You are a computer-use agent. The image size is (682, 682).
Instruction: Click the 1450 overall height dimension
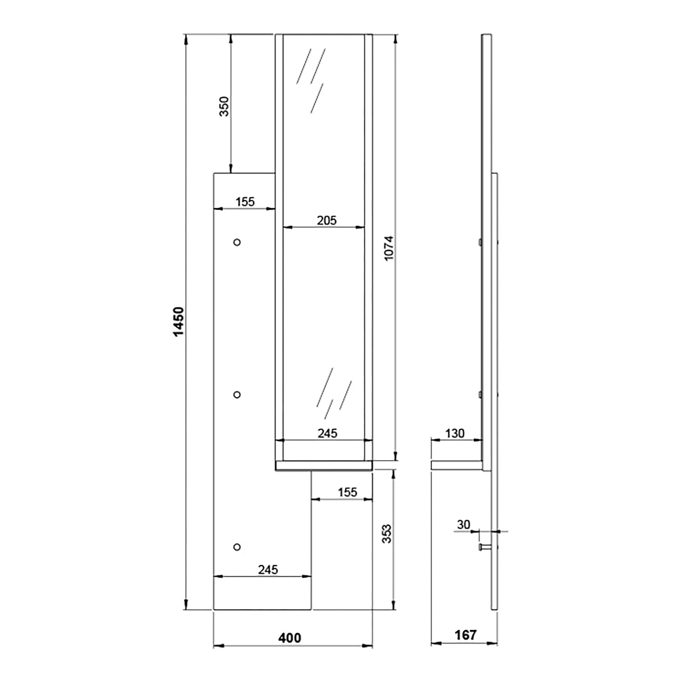click(x=179, y=321)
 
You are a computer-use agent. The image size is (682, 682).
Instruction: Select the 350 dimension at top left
click(x=224, y=106)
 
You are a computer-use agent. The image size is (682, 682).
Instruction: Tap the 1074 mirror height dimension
click(x=389, y=248)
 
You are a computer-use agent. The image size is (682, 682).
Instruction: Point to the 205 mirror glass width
click(x=326, y=221)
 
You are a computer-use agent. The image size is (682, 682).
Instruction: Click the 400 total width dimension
click(x=290, y=638)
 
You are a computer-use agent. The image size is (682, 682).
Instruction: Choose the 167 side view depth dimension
click(x=466, y=635)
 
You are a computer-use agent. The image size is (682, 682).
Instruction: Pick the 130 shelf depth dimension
click(x=455, y=433)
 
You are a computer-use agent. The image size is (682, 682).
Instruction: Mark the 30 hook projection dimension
click(x=463, y=524)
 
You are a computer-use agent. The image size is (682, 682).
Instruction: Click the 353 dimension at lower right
click(x=386, y=534)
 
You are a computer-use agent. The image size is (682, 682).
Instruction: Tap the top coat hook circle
click(x=237, y=242)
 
